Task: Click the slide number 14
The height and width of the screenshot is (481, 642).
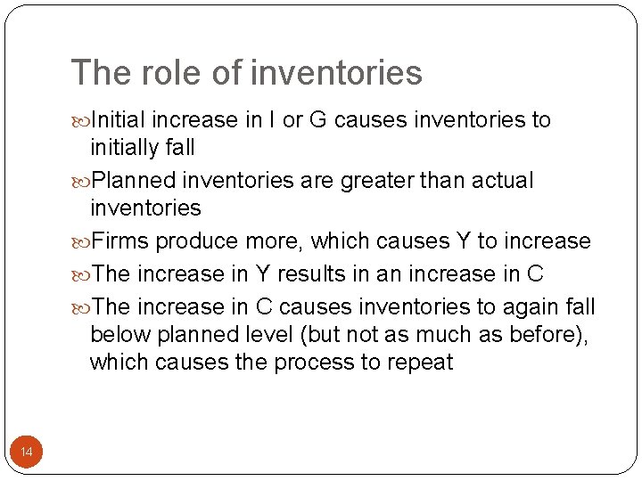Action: tap(26, 453)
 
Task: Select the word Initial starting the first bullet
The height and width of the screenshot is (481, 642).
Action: tap(120, 119)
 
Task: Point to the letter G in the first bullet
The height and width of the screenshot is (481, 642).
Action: tap(318, 119)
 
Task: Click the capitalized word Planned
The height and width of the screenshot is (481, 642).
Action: tap(133, 180)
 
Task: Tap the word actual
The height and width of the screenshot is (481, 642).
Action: tap(502, 180)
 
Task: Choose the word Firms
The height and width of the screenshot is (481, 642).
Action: tap(120, 240)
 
